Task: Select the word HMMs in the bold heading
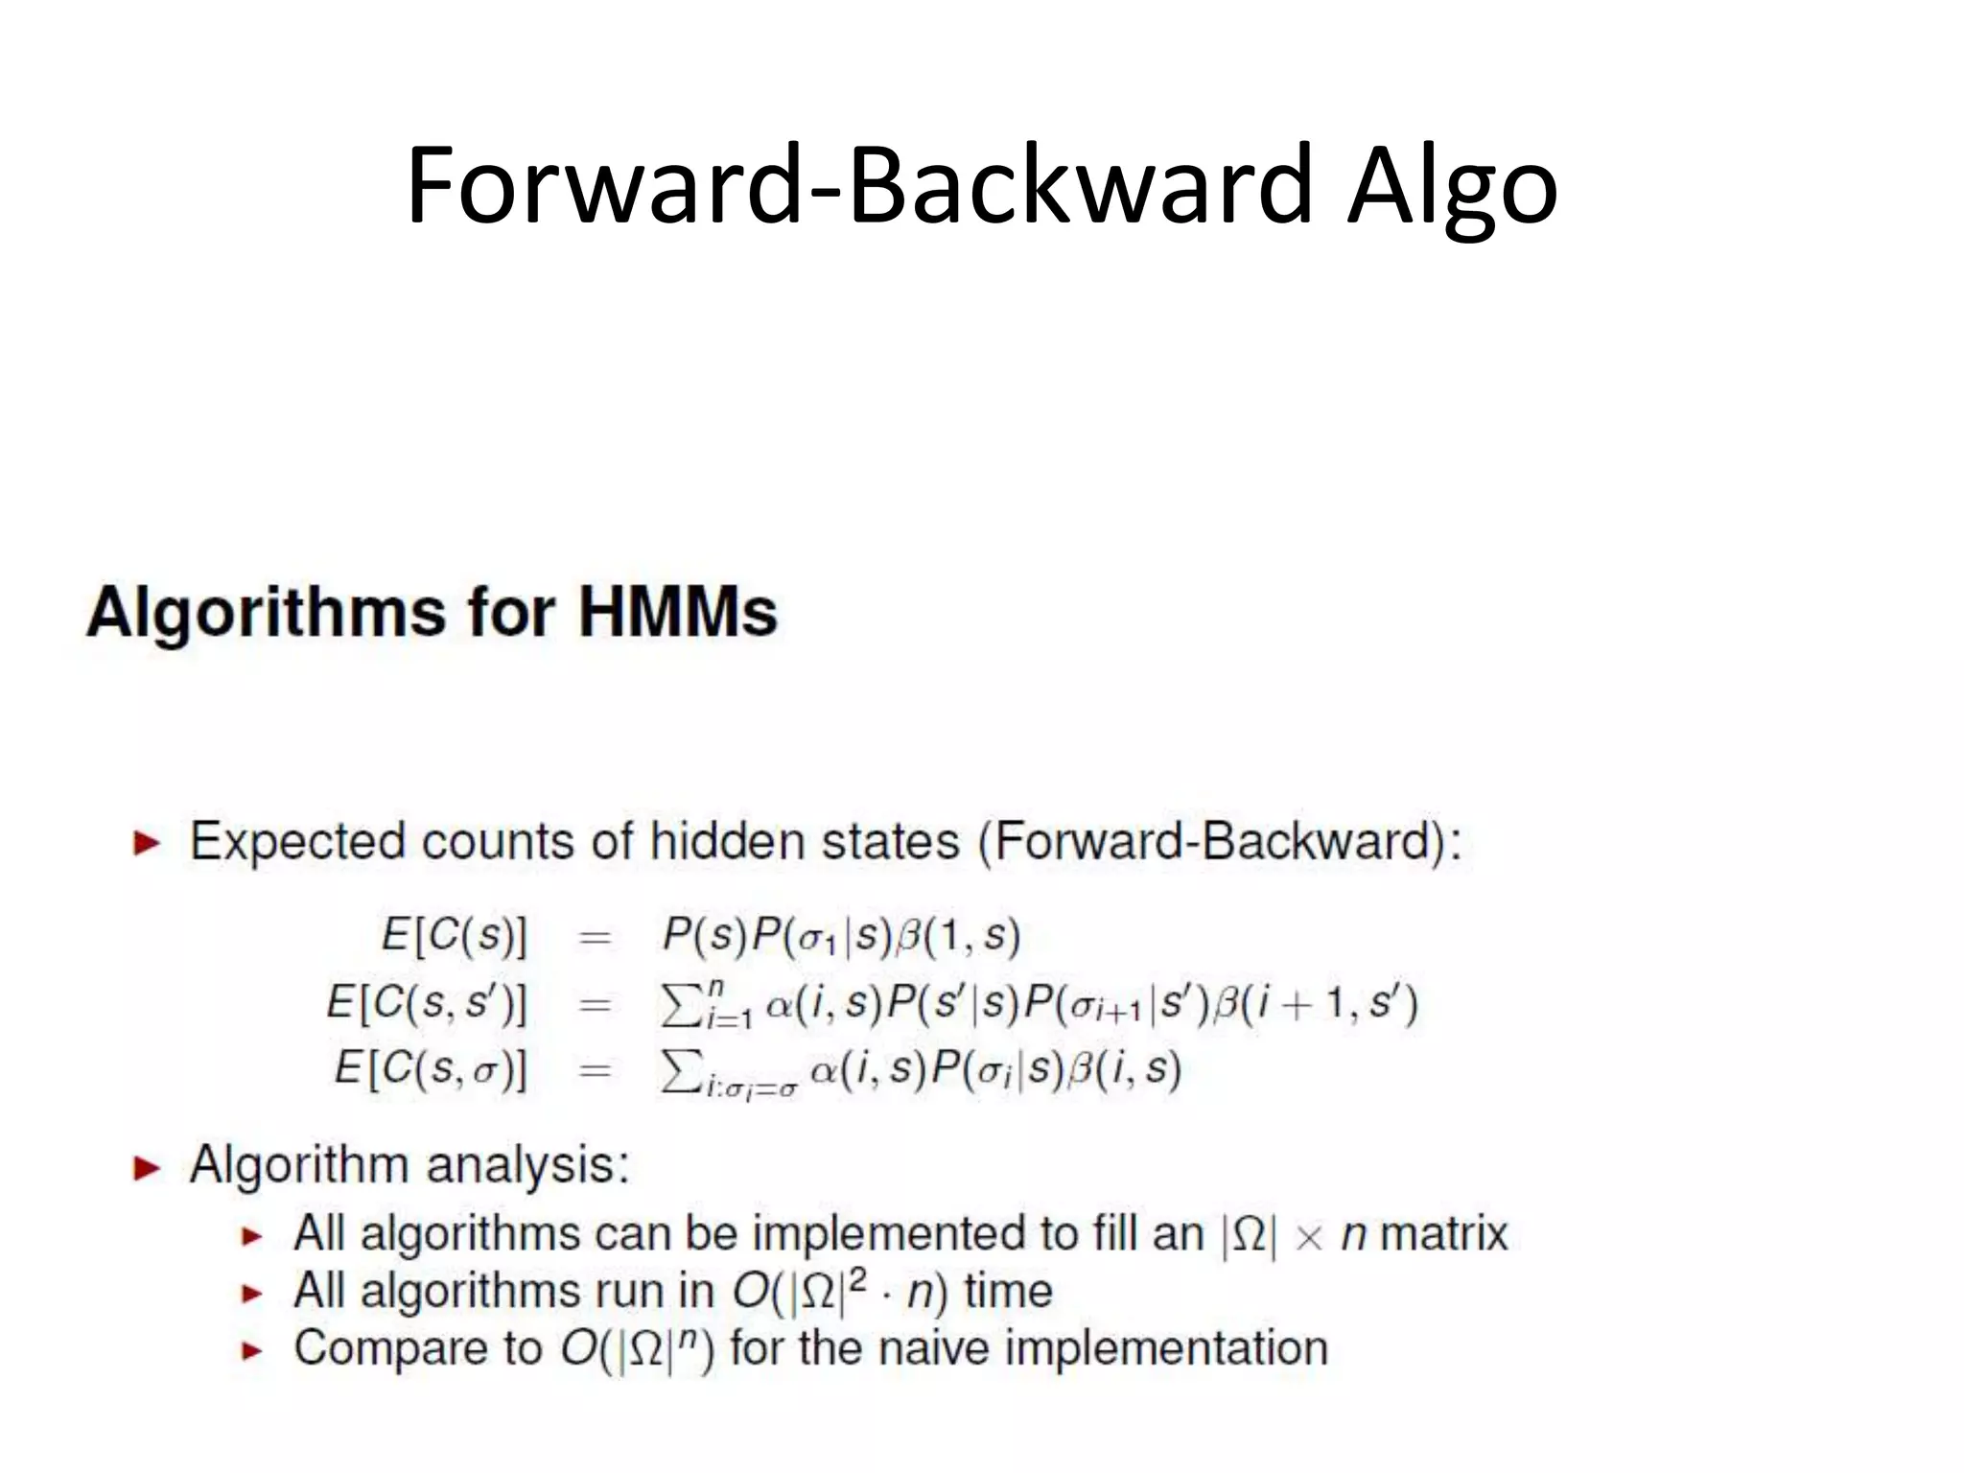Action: click(x=678, y=612)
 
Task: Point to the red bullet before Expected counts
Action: click(x=147, y=844)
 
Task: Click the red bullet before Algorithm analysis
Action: click(x=147, y=1168)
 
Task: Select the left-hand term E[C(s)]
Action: click(x=455, y=934)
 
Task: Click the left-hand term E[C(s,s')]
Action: click(x=427, y=1002)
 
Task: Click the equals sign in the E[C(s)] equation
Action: click(x=595, y=936)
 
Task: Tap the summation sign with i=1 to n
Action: click(x=682, y=1004)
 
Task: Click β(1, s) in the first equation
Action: click(x=958, y=934)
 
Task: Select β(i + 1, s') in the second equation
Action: click(x=1315, y=1003)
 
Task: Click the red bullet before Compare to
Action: click(x=251, y=1351)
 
